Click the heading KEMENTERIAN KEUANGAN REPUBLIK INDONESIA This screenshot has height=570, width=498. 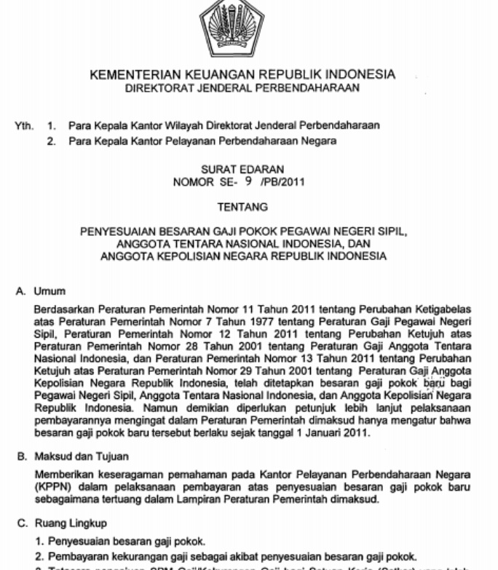[242, 75]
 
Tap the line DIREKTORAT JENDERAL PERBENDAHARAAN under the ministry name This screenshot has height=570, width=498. [242, 89]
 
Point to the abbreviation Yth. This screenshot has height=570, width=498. [24, 126]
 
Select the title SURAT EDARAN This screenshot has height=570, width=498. [242, 170]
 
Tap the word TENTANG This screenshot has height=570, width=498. [242, 207]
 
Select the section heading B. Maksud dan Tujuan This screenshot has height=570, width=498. [72, 457]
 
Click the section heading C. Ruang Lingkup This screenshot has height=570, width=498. [62, 523]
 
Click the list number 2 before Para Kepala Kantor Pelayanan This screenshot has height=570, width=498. [52, 141]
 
